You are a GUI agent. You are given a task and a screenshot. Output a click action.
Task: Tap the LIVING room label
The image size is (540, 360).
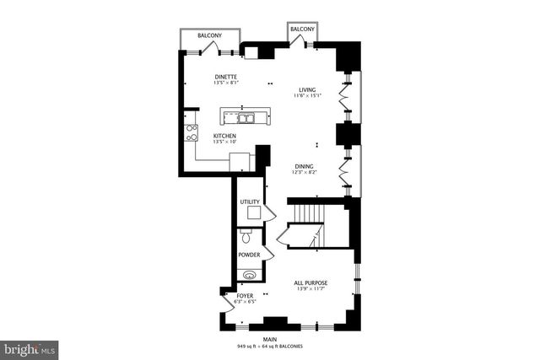[x=307, y=90]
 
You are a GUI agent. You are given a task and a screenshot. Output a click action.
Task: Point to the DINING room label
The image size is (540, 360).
[x=305, y=166]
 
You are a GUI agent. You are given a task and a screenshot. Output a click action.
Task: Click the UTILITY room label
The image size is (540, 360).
[x=249, y=202]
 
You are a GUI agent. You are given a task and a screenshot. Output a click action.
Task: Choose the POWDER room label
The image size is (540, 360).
[x=248, y=254]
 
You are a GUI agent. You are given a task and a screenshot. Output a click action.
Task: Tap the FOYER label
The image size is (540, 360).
[x=245, y=296]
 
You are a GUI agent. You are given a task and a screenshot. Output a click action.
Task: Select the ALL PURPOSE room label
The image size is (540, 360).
[x=310, y=282]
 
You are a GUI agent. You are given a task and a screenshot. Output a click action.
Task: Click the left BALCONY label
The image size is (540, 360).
[x=209, y=35]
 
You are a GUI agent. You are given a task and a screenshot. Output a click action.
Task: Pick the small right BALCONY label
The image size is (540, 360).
[x=302, y=30]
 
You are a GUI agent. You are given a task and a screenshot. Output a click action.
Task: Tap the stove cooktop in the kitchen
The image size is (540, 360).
[x=192, y=132]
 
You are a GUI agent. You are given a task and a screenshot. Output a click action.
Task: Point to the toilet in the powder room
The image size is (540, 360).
[x=246, y=237]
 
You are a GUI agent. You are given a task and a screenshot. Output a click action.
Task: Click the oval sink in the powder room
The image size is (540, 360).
[x=248, y=274]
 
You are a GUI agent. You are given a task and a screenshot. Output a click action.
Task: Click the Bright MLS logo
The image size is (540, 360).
[x=29, y=347]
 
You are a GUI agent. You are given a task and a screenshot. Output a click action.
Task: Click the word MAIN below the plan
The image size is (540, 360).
[x=270, y=340]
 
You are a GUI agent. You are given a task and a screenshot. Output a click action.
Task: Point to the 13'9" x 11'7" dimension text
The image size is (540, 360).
[x=310, y=290]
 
